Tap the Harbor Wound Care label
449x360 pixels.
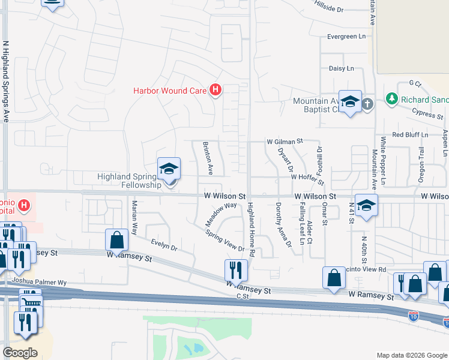(x=170, y=91)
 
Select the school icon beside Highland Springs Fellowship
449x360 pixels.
(x=169, y=169)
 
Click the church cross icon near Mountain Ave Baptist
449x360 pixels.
(x=367, y=104)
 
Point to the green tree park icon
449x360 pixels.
(x=392, y=98)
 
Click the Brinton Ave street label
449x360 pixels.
(x=207, y=158)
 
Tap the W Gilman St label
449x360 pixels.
(x=285, y=142)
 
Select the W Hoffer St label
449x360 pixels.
(x=307, y=178)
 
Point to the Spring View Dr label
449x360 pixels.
(x=225, y=241)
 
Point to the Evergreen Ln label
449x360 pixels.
(x=346, y=37)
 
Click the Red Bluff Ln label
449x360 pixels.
(x=409, y=135)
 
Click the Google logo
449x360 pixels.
(x=20, y=353)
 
